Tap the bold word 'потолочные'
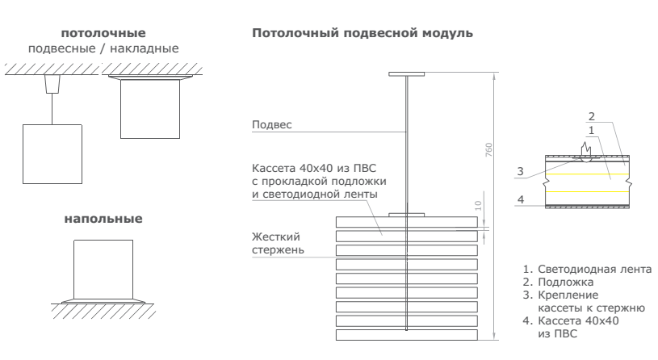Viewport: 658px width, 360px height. [x=103, y=33]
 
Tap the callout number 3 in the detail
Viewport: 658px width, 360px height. [x=522, y=171]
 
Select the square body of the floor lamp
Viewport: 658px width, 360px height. [x=103, y=270]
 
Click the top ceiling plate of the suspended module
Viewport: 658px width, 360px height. [x=406, y=74]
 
